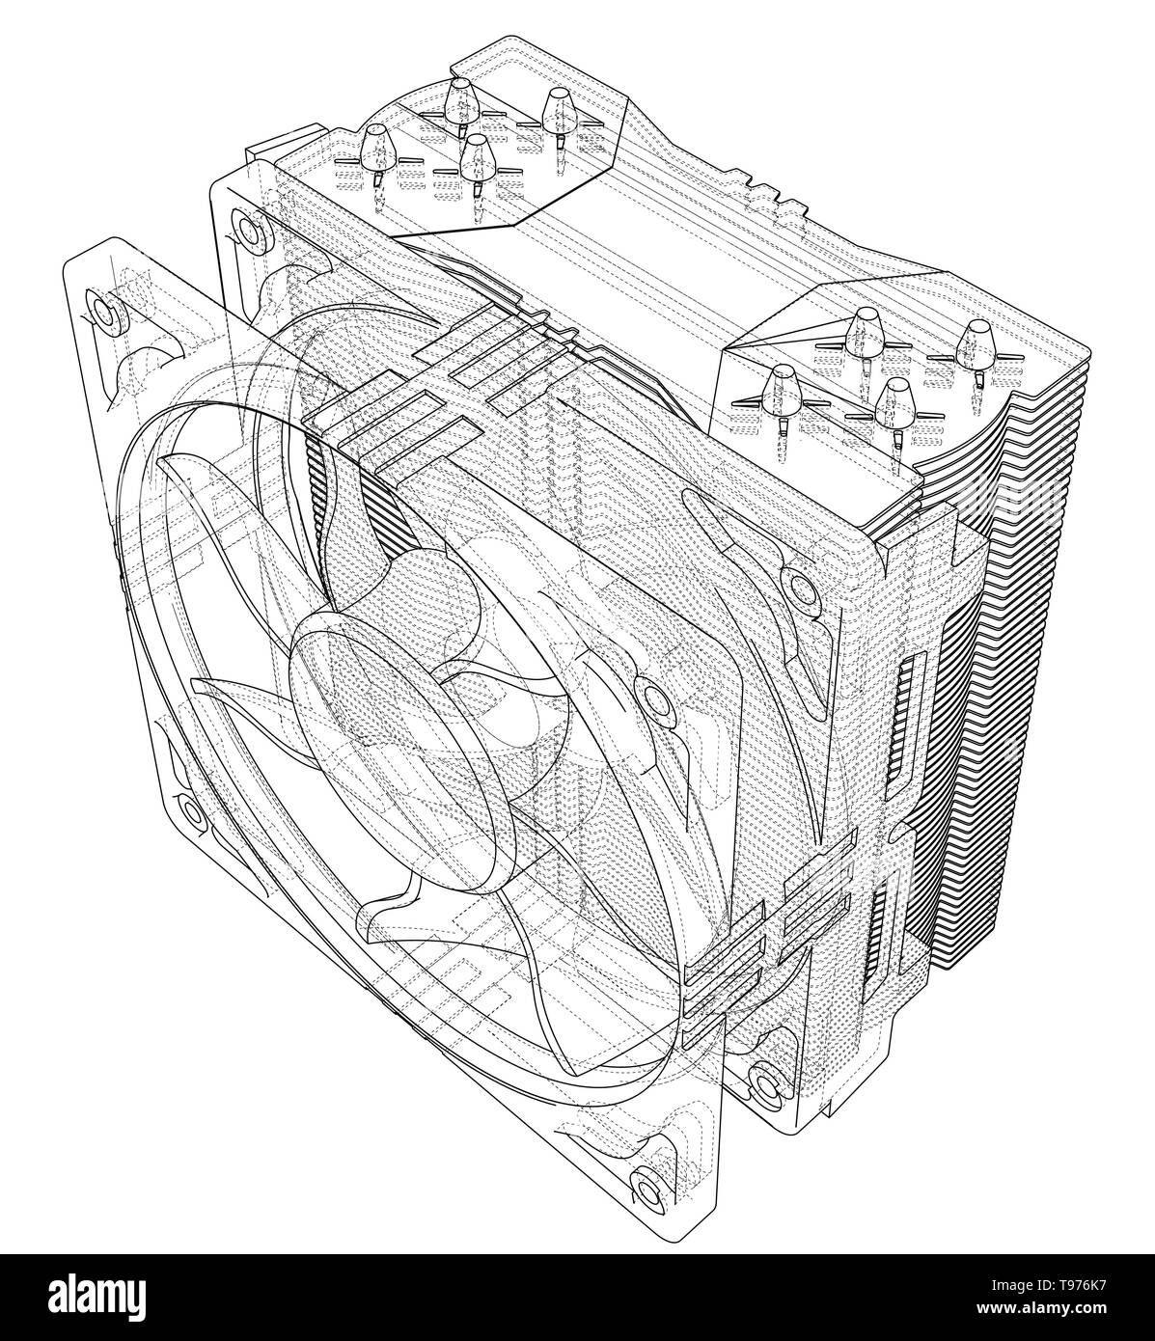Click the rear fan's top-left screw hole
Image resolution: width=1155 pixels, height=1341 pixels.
(248, 228)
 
